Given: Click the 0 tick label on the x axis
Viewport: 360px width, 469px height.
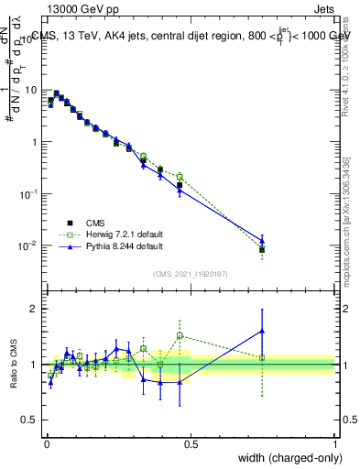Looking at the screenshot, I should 46,445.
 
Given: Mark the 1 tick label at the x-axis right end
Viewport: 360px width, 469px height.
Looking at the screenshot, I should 334,445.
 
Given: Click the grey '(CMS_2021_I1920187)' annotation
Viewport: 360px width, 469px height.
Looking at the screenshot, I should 190,273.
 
